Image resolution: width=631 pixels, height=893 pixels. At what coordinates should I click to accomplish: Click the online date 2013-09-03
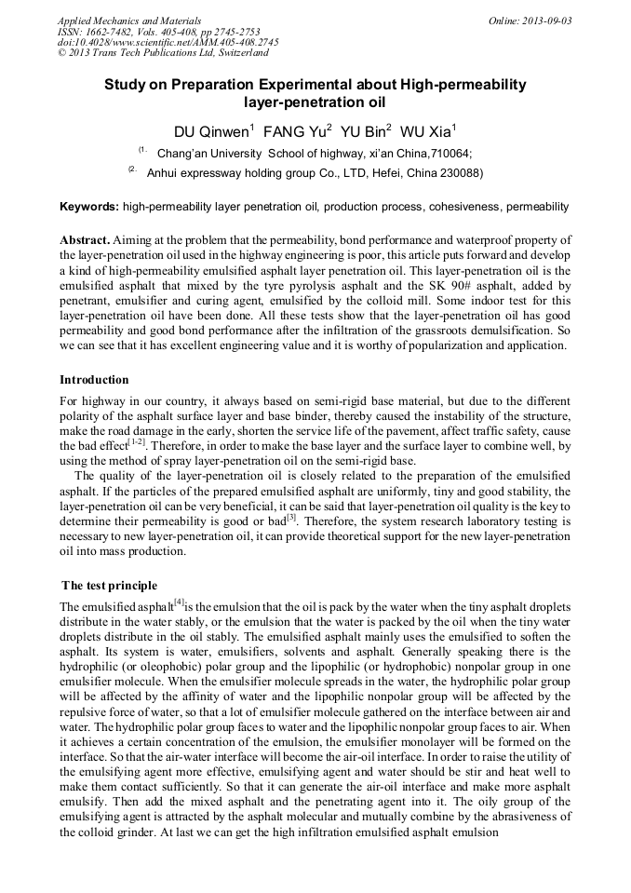[546, 20]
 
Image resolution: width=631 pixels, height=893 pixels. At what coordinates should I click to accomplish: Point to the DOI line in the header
[168, 42]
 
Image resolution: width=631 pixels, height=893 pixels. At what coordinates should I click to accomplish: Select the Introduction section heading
[94, 380]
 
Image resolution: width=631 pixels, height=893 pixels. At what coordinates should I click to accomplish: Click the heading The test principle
[109, 585]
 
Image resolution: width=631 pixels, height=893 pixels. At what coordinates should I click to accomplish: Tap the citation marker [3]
[290, 515]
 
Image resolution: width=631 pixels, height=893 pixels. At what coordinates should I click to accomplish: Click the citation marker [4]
[175, 602]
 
